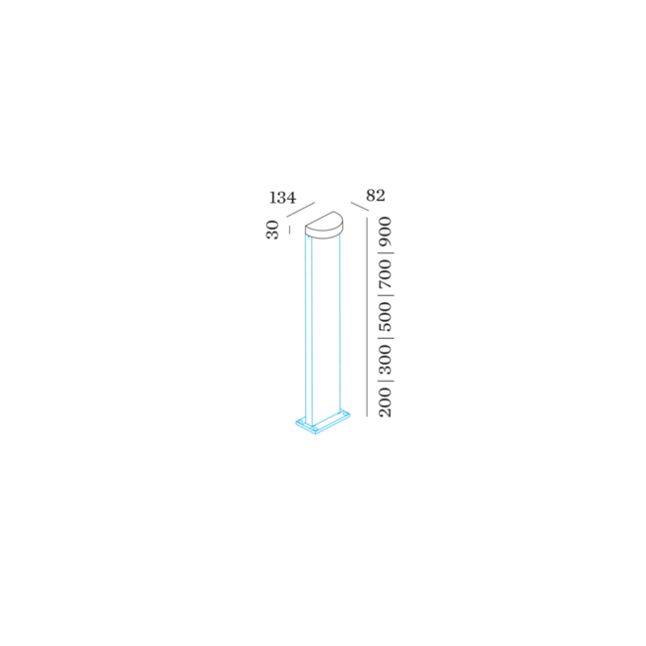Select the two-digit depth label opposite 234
pos(375,196)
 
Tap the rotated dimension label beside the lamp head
pos(271,231)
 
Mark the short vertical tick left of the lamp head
pos(289,231)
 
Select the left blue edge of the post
pos(305,328)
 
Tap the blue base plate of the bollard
pos(322,425)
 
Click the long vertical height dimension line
pos(370,318)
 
